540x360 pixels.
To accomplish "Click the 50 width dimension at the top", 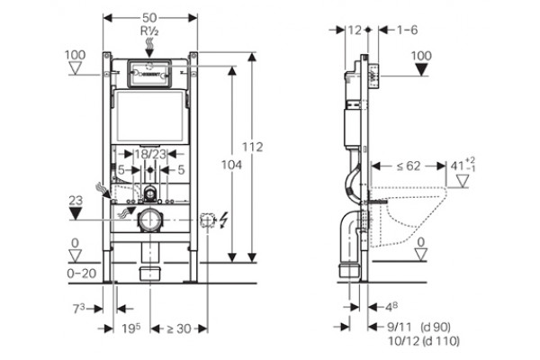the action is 149,18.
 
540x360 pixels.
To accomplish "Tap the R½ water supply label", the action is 149,31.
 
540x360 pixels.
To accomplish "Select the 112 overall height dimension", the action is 252,147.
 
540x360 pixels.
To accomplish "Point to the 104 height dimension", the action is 231,165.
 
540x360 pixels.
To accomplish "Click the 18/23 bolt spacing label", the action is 150,154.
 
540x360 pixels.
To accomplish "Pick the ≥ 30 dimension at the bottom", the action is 179,328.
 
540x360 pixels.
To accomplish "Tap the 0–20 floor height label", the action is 82,274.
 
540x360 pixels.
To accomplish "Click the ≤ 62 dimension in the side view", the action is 409,166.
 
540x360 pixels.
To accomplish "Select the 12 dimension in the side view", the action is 355,31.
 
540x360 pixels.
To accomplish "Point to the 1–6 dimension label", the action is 408,30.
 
